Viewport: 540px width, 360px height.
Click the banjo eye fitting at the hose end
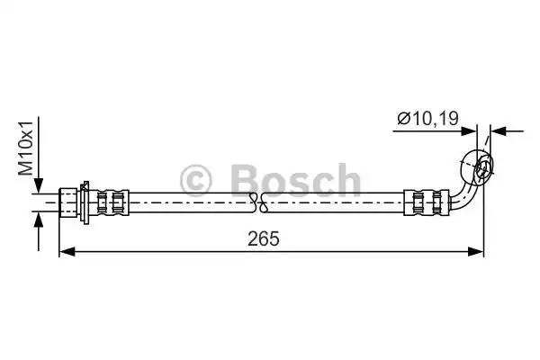tap(479, 167)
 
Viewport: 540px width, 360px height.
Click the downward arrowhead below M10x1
tap(38, 184)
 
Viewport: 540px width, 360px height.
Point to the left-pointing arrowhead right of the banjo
tap(497, 131)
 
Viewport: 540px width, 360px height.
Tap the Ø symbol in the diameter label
tap(402, 116)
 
